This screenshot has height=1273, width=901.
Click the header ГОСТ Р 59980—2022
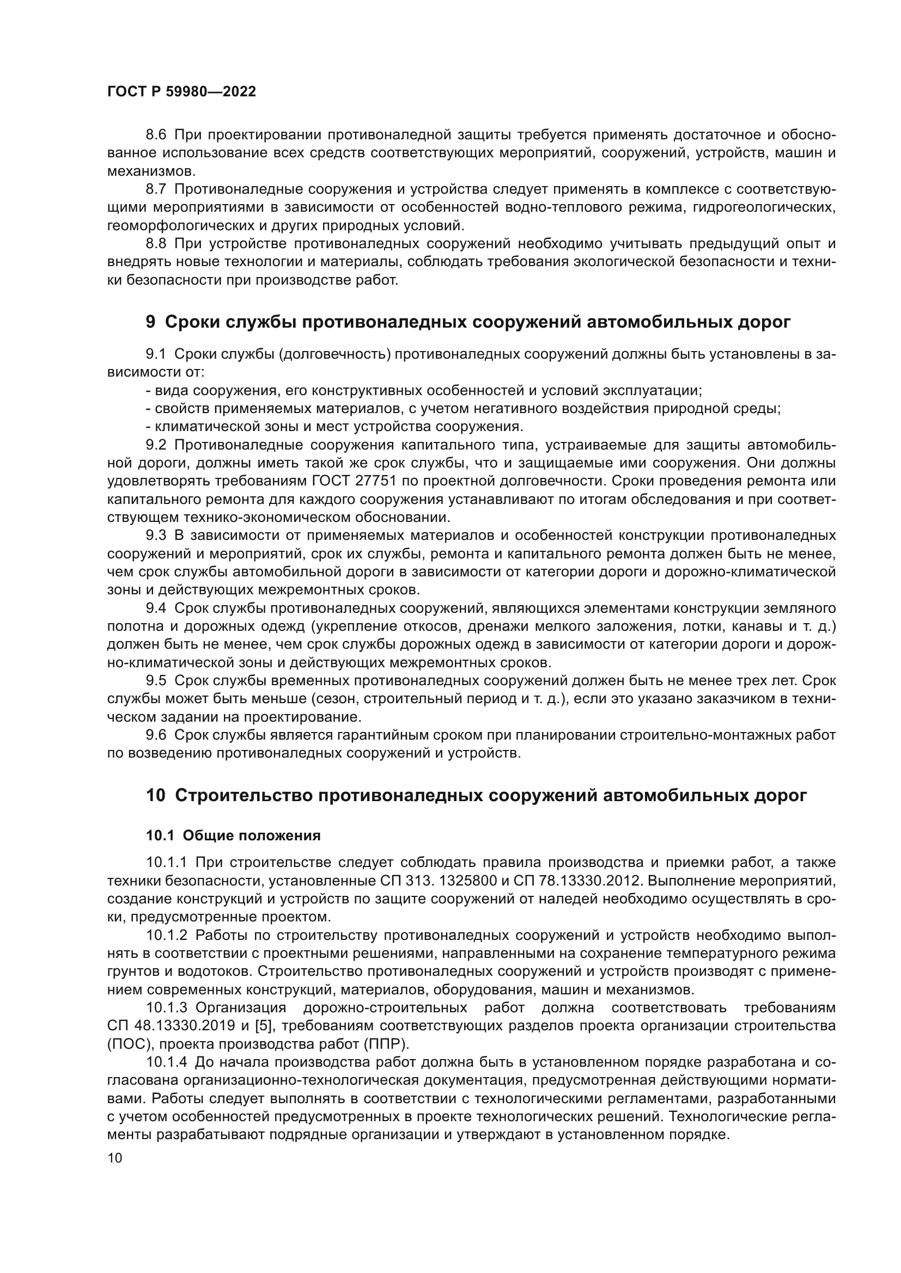[181, 92]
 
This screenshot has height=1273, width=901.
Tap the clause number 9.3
[156, 536]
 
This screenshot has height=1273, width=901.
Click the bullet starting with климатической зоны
[333, 427]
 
